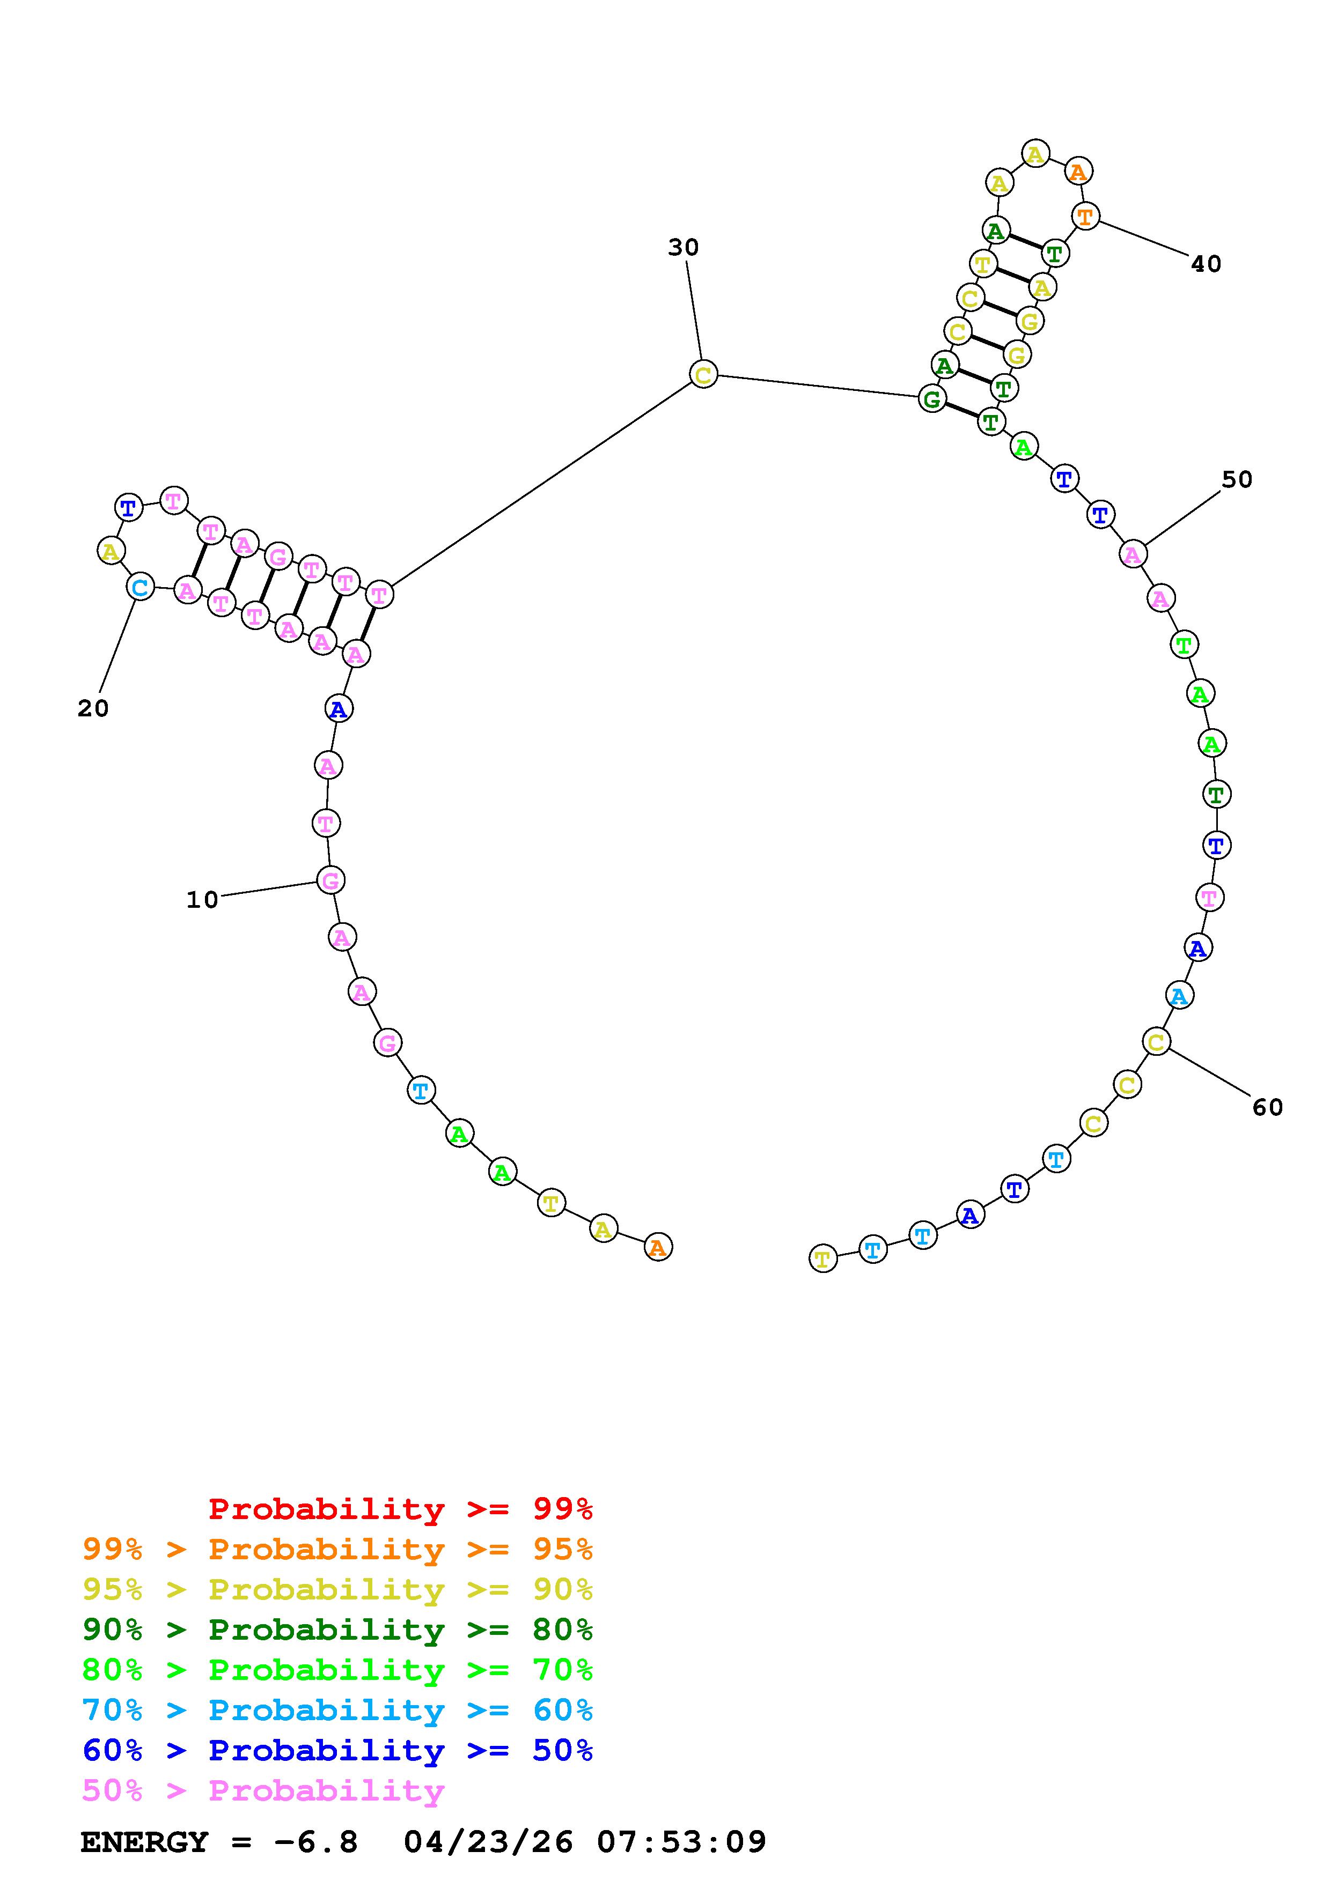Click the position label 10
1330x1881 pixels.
(x=202, y=900)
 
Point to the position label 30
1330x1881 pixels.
(x=684, y=247)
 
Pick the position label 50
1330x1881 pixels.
(x=1237, y=479)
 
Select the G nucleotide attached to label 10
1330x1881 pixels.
(x=330, y=880)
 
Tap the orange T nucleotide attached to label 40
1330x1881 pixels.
(x=1085, y=217)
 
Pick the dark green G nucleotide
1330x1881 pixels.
(x=932, y=400)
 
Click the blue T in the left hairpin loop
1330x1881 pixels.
(x=129, y=508)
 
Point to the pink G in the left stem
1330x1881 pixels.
(x=278, y=557)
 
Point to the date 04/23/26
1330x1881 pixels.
(x=488, y=1842)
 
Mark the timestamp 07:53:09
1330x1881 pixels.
(x=681, y=1842)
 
